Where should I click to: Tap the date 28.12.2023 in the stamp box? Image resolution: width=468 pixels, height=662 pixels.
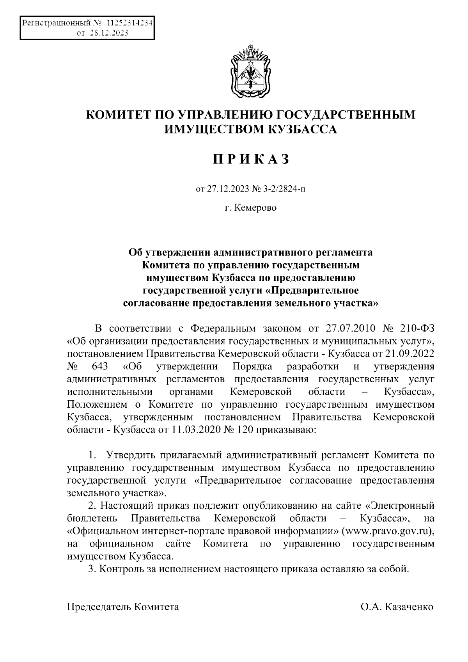pyautogui.click(x=109, y=34)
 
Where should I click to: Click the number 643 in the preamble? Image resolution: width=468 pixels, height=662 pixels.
pyautogui.click(x=99, y=367)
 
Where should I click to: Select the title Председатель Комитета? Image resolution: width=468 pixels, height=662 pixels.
pyautogui.click(x=123, y=607)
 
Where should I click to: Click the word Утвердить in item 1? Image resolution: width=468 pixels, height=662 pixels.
pyautogui.click(x=129, y=455)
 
